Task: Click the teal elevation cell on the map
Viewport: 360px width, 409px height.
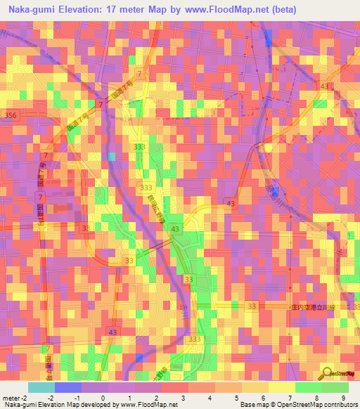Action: [x=111, y=156]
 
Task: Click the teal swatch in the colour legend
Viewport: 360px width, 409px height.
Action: [x=41, y=387]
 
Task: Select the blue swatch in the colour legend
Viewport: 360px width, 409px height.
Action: [x=67, y=387]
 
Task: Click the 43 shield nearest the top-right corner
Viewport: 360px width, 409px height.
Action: [x=324, y=86]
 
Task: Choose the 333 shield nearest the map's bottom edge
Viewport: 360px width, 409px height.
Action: [x=195, y=339]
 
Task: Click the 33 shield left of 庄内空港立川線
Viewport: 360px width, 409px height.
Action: [x=252, y=306]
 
